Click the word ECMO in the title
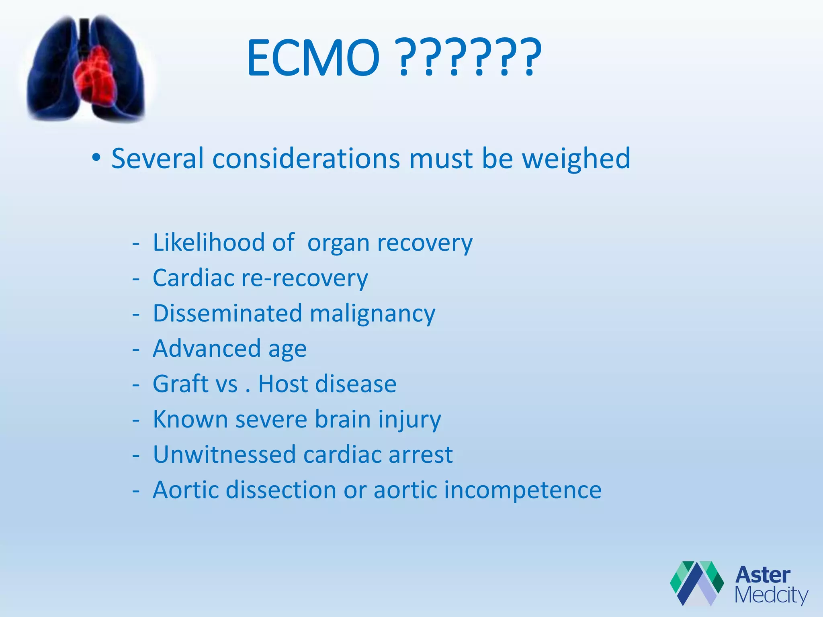tap(313, 58)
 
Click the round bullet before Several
tap(96, 157)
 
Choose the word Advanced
tap(207, 348)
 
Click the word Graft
tap(181, 384)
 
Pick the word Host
tap(283, 384)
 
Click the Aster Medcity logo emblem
tap(696, 583)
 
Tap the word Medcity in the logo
tap(771, 595)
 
